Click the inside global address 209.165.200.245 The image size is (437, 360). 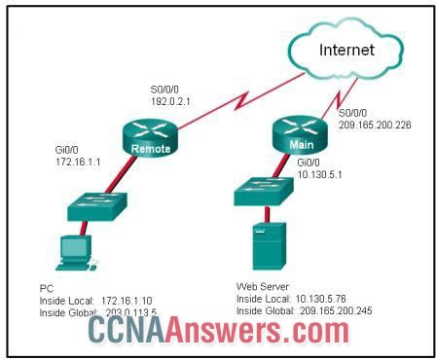click(336, 311)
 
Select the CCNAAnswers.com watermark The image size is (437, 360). click(218, 334)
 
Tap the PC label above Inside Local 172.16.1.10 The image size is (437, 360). click(46, 288)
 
